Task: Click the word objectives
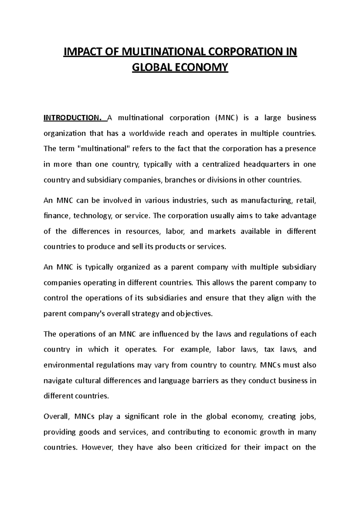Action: tap(194, 314)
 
